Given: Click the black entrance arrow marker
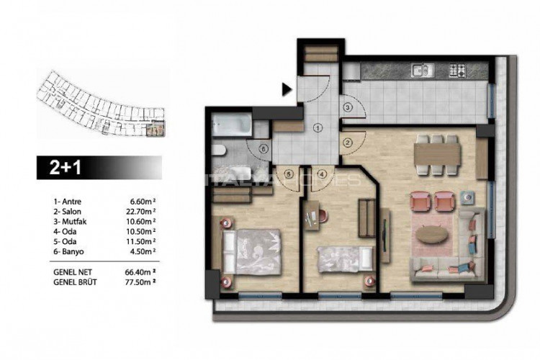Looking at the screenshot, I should coord(287,90).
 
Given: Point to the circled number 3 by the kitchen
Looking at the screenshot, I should coord(347,107).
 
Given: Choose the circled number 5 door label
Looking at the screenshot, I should coord(288,174).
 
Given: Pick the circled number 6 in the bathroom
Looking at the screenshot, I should coord(264,149).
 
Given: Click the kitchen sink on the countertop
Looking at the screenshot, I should coord(421,71).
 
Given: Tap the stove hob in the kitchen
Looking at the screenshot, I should coord(458,71).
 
